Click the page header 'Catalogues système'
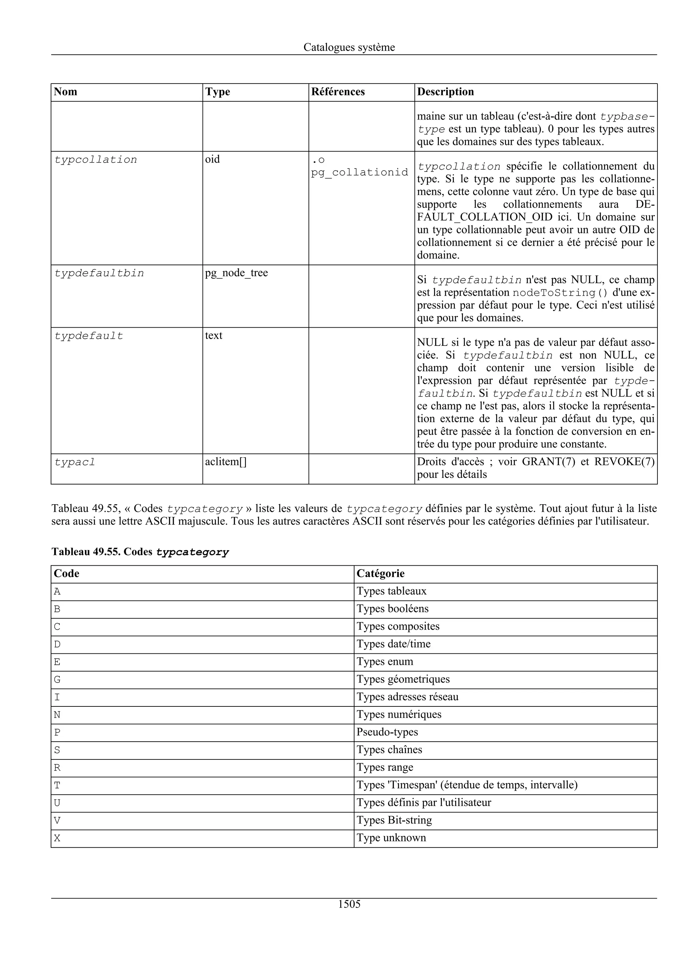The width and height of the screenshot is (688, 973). [349, 47]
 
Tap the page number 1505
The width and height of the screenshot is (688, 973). [349, 904]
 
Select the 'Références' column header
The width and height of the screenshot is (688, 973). [338, 92]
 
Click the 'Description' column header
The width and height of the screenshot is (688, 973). [445, 92]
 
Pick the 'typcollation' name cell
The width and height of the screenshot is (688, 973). [96, 160]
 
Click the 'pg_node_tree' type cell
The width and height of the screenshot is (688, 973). [236, 273]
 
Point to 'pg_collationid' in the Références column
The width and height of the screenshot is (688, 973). [359, 173]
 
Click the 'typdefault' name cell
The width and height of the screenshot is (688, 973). [89, 336]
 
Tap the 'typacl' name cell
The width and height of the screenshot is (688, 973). [75, 462]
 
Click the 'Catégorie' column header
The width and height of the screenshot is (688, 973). [380, 574]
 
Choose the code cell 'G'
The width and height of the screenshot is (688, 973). [57, 680]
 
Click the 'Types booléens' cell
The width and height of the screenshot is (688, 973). [392, 609]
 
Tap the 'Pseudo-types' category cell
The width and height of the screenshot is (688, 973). [387, 732]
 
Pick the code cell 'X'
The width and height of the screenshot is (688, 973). [57, 838]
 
